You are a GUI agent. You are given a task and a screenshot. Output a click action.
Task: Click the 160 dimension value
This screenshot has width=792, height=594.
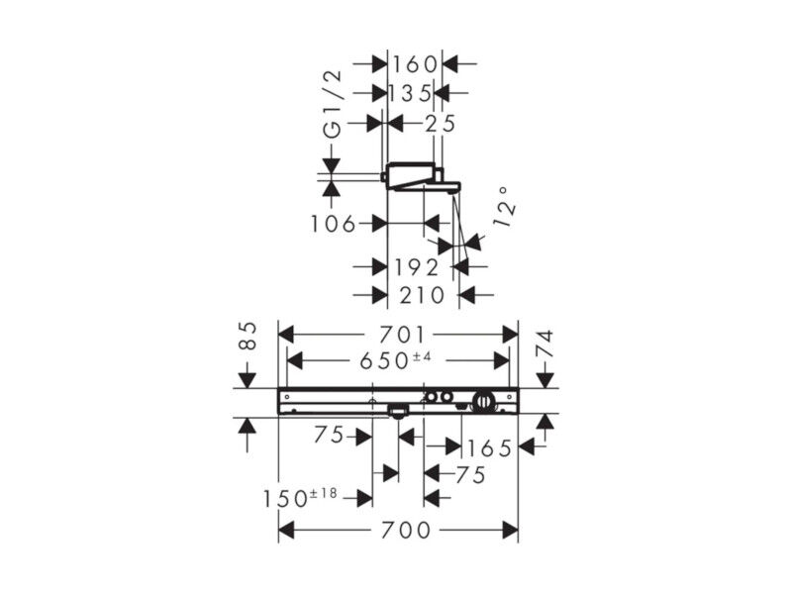coord(415,64)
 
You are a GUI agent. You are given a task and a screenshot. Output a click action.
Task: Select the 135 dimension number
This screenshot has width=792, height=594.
coord(410,93)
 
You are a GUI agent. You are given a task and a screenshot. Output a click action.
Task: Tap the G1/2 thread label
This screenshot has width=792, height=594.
coord(333,105)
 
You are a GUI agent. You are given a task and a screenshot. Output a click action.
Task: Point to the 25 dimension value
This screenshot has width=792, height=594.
coord(440,123)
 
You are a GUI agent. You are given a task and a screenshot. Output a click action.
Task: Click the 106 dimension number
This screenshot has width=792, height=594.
coord(333,224)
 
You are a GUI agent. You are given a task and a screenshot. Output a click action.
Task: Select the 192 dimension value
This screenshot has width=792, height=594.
coord(416,267)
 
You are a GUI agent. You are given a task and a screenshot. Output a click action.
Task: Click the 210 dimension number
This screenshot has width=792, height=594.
coord(423,295)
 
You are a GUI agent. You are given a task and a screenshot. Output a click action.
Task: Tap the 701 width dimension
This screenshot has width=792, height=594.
coord(403,335)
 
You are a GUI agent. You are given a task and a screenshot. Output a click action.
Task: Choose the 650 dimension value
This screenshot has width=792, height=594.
coord(384,361)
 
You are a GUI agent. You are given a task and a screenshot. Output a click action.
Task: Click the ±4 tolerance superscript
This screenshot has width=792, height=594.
coord(423,357)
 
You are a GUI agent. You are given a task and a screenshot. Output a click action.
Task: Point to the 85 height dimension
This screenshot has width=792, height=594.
coord(247,336)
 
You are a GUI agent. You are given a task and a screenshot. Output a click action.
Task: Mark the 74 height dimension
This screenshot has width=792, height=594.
coord(545,344)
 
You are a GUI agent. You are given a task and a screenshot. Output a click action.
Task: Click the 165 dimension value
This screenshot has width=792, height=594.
coord(489,448)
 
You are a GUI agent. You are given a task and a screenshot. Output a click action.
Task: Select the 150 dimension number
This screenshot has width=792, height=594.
coord(284,499)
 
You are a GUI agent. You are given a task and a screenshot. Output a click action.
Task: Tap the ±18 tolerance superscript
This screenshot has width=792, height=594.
coord(323,493)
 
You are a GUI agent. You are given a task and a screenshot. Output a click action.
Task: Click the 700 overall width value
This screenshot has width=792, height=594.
coord(406,531)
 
